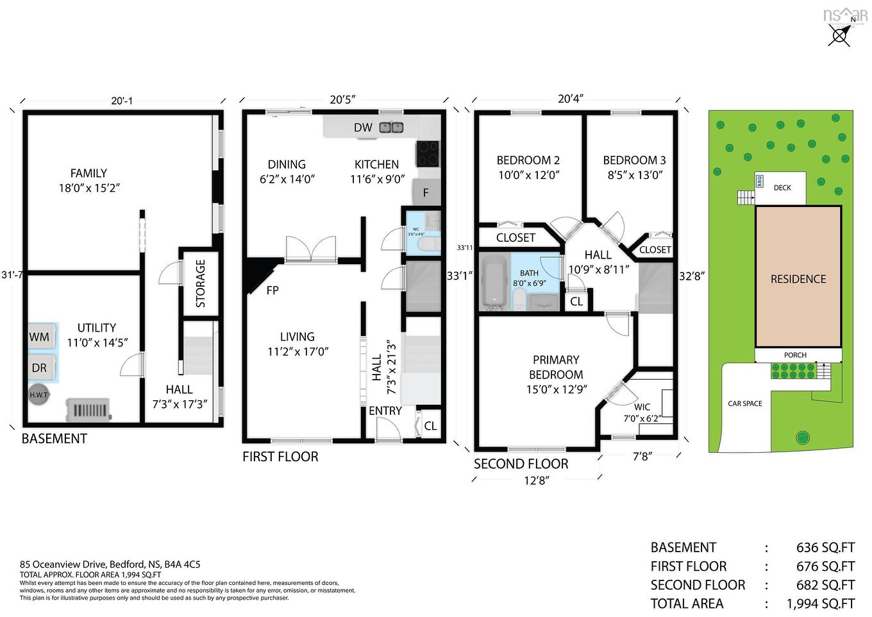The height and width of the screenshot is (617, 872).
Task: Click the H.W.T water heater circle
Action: pos(38,394)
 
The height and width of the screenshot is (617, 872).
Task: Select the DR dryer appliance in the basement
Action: pos(40,368)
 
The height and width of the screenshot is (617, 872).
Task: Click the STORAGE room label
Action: pos(201,283)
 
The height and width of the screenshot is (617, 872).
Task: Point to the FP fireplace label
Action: pos(272,291)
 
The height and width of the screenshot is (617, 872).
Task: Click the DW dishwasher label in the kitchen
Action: pos(363,128)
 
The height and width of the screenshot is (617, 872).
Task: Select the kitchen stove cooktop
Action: pos(428,153)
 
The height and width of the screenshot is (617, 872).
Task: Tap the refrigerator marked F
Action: pos(425,192)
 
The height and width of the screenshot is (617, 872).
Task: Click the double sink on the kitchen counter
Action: pos(391,127)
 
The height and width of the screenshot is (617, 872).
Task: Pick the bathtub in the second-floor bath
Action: pos(494,281)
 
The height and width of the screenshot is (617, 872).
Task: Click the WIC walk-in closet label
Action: pos(642,407)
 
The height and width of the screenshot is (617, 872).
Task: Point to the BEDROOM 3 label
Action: pos(634,160)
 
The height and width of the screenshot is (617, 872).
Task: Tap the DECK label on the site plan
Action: pos(782,188)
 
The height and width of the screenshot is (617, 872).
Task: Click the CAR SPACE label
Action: pos(745,403)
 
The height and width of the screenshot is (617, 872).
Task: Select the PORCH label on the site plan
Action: pos(795,355)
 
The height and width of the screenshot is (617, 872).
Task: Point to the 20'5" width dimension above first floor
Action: pos(343,99)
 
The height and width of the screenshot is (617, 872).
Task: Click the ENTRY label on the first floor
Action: pos(385,410)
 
